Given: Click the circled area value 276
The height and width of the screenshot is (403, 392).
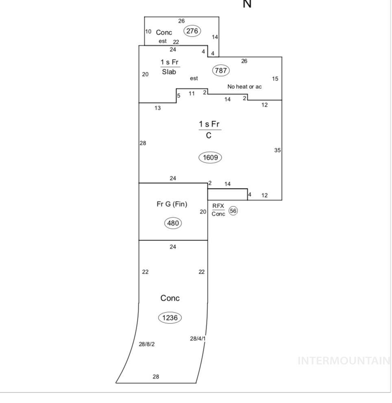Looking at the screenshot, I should click(192, 30).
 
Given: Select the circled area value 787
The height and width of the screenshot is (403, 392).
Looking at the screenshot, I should click(220, 70).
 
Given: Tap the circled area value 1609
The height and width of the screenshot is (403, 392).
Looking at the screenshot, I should click(210, 157).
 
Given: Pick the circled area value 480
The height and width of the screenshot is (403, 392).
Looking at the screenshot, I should click(173, 223).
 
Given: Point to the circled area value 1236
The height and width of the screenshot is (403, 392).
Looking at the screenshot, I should click(170, 318).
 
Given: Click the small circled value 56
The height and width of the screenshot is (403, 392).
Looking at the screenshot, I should click(233, 210).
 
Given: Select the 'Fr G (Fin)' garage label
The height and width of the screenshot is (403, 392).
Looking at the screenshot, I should click(172, 204).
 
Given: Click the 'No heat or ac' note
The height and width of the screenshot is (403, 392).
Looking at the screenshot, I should click(244, 87).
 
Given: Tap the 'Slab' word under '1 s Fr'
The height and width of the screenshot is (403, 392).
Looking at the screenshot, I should click(169, 72).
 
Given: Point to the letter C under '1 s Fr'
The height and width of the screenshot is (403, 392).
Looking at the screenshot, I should click(209, 136).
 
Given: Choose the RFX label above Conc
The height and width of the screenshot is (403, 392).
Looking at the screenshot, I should click(218, 206).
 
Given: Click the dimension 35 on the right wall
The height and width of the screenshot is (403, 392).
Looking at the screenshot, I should click(277, 150).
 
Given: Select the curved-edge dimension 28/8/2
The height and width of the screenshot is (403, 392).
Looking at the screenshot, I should click(147, 344).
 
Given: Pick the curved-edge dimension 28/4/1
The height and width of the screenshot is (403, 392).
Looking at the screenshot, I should click(198, 338).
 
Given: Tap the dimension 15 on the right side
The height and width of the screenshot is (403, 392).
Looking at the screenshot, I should click(275, 79).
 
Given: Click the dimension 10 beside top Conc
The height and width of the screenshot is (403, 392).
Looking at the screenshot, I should click(148, 32).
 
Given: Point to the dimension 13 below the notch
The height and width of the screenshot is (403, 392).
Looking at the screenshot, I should click(158, 108).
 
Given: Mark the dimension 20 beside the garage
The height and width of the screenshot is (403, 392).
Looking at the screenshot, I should click(203, 212).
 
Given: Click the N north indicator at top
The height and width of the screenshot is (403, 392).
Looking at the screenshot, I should click(247, 4).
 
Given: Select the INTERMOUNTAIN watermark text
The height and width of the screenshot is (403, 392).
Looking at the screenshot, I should click(344, 361).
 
